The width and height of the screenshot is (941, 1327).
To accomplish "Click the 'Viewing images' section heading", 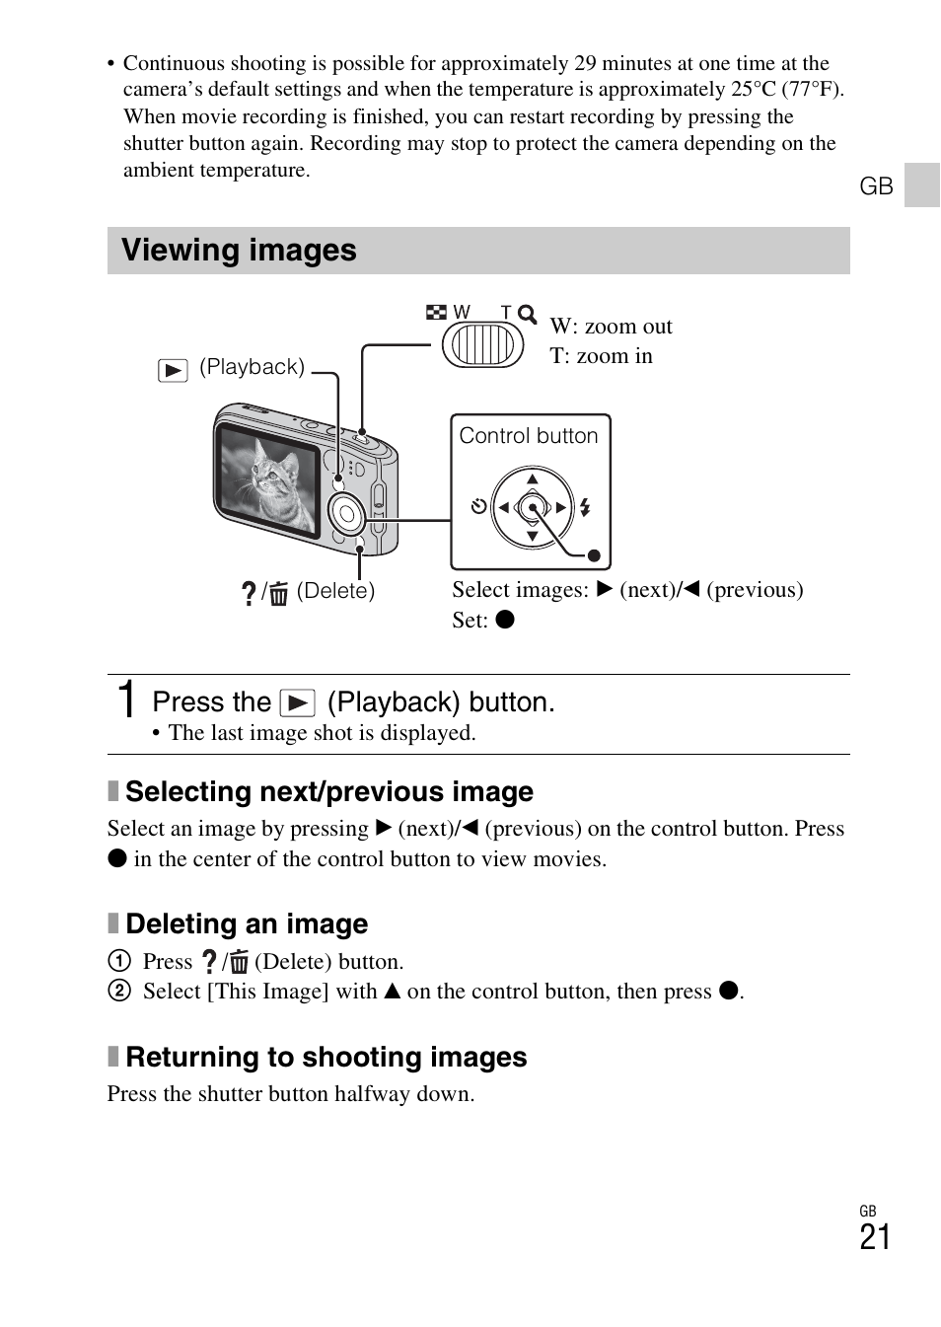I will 239,251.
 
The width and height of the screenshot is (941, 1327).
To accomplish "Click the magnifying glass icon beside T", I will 528,315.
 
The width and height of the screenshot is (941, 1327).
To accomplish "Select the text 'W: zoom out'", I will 611,327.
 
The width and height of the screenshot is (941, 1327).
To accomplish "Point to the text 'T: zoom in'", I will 601,356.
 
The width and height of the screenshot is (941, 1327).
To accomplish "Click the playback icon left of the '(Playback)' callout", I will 173,371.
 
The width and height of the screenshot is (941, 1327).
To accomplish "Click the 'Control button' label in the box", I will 529,436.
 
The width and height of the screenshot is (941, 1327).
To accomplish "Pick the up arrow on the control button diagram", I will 533,479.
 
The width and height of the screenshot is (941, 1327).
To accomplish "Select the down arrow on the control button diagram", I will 533,537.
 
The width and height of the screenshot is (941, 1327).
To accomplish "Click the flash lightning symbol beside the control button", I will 585,508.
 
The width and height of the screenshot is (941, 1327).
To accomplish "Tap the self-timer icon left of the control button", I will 478,507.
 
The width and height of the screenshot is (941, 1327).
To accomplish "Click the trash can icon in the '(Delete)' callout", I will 279,594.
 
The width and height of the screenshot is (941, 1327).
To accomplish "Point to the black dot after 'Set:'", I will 505,620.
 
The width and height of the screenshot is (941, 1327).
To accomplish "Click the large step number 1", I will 126,700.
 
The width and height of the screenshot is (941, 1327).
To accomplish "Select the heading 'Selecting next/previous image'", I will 328,792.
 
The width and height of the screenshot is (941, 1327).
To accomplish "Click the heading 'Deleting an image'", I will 247,924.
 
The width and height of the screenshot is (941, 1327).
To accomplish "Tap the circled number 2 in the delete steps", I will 119,991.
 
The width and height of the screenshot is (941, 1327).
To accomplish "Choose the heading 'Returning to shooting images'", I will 326,1058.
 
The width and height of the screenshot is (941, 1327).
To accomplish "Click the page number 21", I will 874,1237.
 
